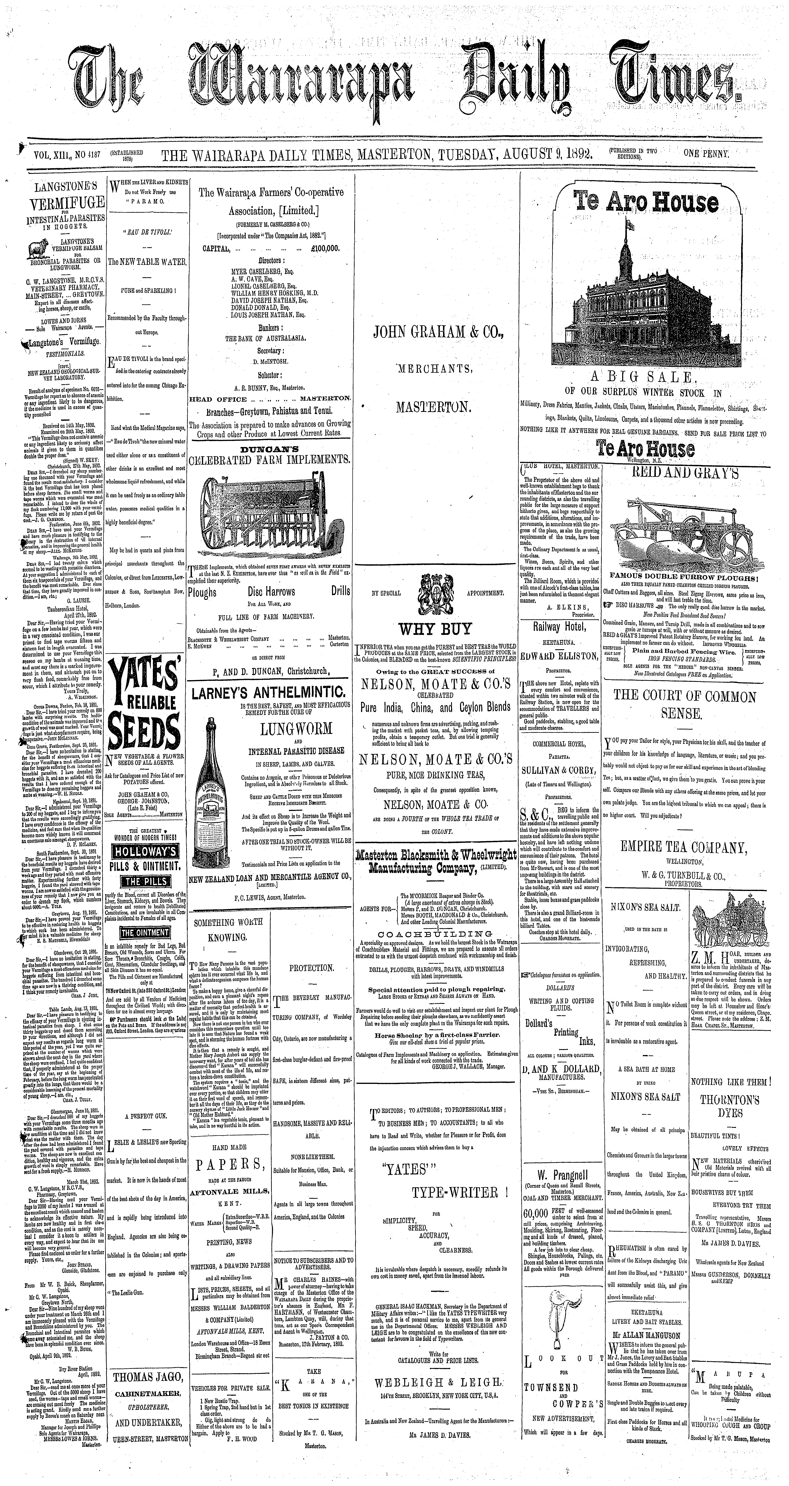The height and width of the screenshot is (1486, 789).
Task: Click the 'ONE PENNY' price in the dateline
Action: (x=707, y=155)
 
